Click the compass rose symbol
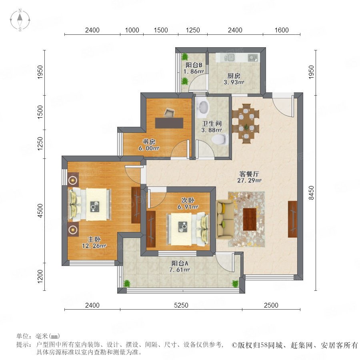click(x=20, y=20)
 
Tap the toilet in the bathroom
click(x=220, y=140)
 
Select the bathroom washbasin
click(x=204, y=107)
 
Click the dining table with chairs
click(x=246, y=123)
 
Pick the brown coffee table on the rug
click(x=250, y=219)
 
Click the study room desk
click(x=169, y=123)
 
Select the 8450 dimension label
click(x=311, y=193)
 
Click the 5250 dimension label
click(x=181, y=305)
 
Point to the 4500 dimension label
click(x=40, y=210)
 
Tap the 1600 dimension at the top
click(x=282, y=30)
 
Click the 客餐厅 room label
click(x=249, y=174)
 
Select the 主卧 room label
click(x=94, y=240)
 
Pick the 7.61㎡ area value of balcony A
click(x=180, y=270)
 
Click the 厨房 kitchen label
click(x=234, y=76)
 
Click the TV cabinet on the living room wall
click(x=292, y=219)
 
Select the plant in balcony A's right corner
click(x=235, y=284)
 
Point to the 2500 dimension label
click(x=271, y=305)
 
